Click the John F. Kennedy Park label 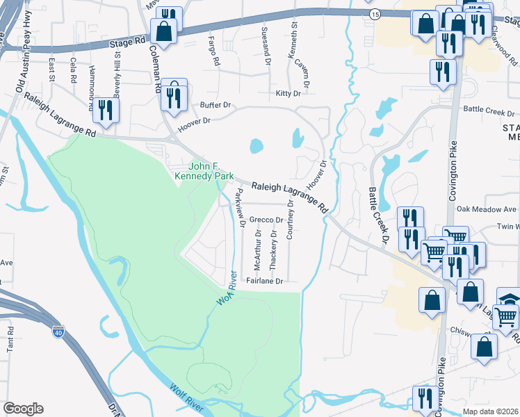coord(213,170)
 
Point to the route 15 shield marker coord(375,14)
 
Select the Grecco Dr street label coord(266,220)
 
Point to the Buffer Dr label coord(215,104)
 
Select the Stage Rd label coord(128,42)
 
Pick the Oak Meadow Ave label coord(487,208)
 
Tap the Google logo coord(23,408)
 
